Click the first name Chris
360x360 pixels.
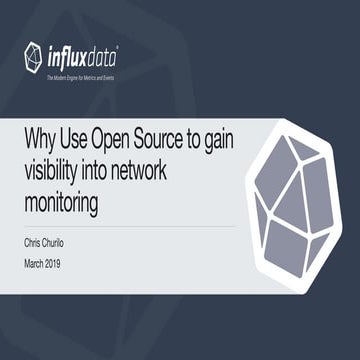click(x=34, y=241)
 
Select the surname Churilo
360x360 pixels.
click(x=66, y=241)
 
